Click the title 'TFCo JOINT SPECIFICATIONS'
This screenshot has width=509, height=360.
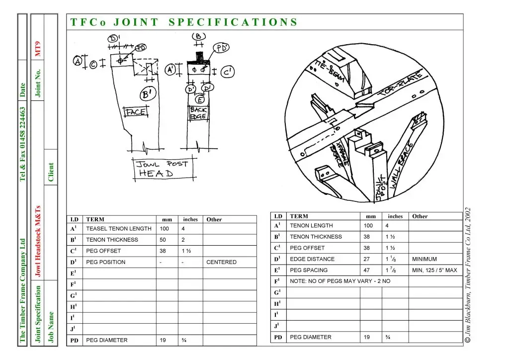(x=183, y=22)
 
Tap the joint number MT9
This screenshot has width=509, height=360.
(x=38, y=49)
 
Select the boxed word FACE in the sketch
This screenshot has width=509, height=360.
(x=135, y=112)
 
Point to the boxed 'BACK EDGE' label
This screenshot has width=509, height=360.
(x=198, y=113)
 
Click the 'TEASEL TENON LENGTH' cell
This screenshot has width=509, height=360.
(x=119, y=229)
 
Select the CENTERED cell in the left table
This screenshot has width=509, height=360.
(x=221, y=262)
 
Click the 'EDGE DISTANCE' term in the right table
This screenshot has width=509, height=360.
(x=312, y=259)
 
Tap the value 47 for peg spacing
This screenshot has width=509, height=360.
(x=367, y=270)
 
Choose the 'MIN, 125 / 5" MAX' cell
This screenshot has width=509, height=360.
(x=434, y=270)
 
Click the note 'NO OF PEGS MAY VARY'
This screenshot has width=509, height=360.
(x=340, y=281)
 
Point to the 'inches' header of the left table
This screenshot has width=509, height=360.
(x=190, y=219)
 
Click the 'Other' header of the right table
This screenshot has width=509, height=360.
(x=420, y=216)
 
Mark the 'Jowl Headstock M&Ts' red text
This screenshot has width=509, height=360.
(x=38, y=241)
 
